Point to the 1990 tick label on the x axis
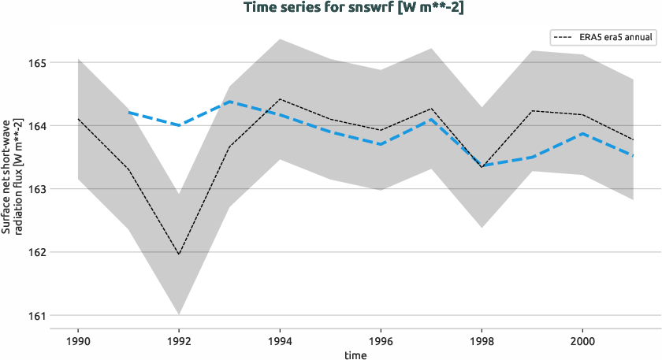click(78, 341)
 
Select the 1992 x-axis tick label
click(179, 341)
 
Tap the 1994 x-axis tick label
click(280, 341)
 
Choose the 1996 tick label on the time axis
click(381, 341)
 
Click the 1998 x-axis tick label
click(482, 341)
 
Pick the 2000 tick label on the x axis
click(582, 341)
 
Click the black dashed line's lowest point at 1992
click(179, 254)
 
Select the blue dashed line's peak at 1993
click(229, 102)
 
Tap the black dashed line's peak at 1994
click(280, 99)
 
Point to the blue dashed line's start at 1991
click(128, 113)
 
